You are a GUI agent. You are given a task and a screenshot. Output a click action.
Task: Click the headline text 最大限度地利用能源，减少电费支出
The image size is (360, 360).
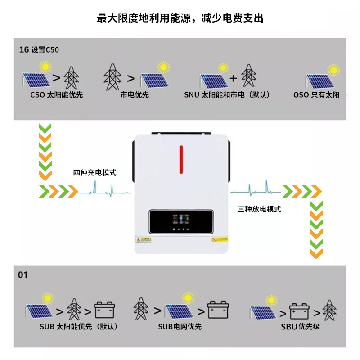coord(180,18)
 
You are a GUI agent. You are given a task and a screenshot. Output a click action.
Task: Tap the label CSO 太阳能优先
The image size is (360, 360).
coord(57,95)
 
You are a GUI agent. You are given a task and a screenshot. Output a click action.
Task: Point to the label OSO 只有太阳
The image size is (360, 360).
coord(316,95)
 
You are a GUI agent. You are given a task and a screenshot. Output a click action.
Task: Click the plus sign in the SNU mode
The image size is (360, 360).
coord(233,77)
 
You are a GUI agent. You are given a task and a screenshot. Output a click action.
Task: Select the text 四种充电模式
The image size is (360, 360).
coord(94,172)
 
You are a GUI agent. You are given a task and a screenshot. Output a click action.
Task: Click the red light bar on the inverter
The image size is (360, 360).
coord(181,159)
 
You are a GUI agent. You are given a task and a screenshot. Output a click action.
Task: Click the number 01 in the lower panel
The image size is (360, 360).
coord(22,274)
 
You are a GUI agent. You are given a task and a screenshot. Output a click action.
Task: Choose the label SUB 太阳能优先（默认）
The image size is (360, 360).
coord(72,327)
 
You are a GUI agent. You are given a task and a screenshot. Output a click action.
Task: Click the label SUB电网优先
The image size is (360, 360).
coord(180,327)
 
